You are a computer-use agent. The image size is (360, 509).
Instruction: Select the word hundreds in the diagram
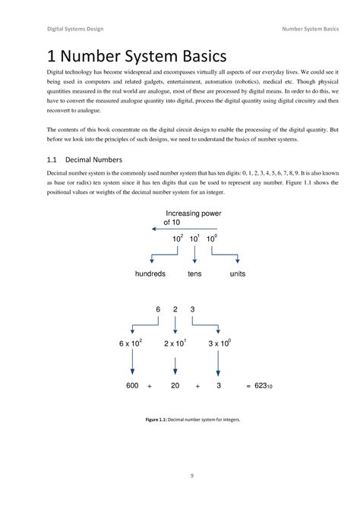(150, 273)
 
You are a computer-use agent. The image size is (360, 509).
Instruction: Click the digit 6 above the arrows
(158, 309)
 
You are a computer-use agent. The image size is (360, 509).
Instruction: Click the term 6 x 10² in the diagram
(134, 344)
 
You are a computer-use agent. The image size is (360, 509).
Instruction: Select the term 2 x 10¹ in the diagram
(179, 344)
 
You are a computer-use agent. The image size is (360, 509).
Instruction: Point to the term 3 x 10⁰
(222, 344)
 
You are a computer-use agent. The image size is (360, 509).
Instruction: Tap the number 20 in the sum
(175, 387)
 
